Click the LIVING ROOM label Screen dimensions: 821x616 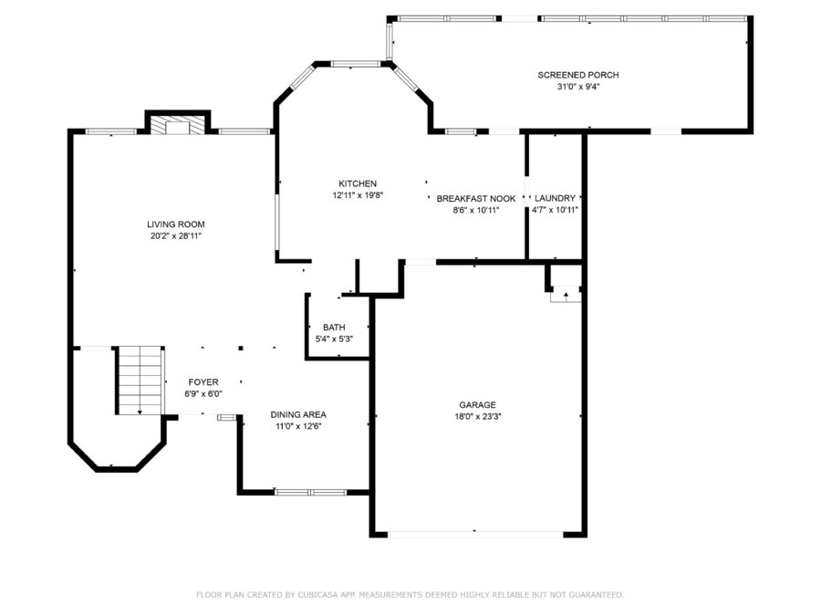175,224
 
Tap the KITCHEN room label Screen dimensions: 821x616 358,183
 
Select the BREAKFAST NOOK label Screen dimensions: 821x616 476,199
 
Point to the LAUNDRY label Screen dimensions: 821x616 555,198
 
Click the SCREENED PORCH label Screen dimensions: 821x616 578,75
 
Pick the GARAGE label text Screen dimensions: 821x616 477,405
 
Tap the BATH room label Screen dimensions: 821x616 334,328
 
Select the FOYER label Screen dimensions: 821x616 203,382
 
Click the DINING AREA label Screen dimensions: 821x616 298,414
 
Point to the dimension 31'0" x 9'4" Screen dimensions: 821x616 578,87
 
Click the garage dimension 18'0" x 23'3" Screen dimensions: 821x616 477,417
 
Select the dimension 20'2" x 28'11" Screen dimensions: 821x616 176,236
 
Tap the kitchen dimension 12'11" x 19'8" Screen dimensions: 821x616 359,195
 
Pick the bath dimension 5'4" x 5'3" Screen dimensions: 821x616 334,339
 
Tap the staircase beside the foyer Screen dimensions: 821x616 140,381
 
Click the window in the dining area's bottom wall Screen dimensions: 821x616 310,493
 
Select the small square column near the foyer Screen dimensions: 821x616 241,348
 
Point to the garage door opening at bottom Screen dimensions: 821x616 475,534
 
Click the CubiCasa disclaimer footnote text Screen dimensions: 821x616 410,594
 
